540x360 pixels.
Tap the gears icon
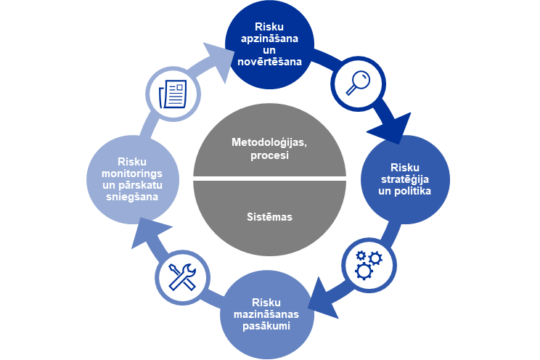(369, 264)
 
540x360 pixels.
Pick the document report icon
(173, 93)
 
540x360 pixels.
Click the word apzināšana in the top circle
(270, 37)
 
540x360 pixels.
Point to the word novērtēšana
(269, 62)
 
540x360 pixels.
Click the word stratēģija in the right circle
(405, 179)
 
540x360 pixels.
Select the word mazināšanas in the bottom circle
(267, 314)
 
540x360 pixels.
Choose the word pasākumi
(266, 326)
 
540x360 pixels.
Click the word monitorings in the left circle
(131, 174)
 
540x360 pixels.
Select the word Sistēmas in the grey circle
(269, 216)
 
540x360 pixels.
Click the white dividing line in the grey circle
(269, 179)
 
